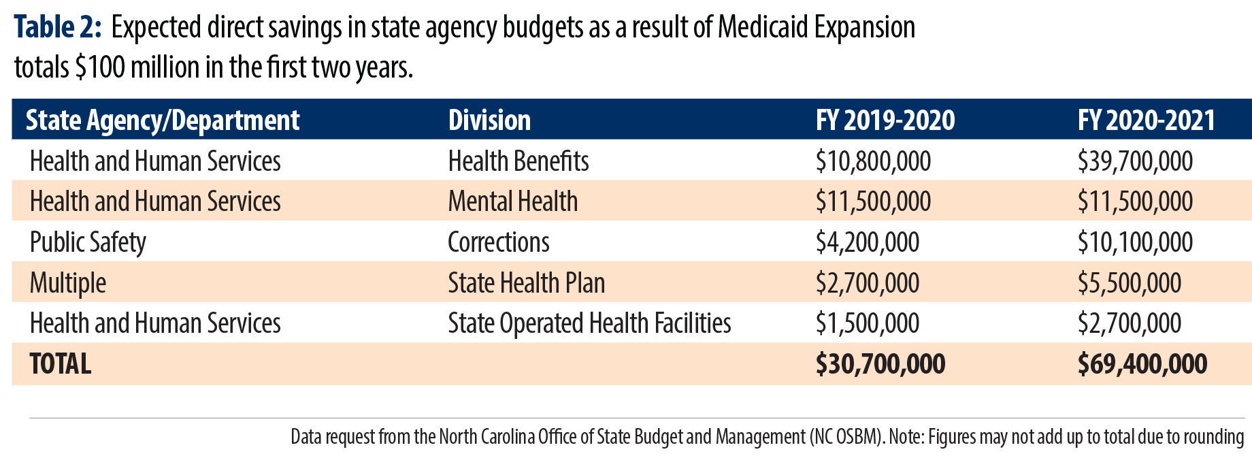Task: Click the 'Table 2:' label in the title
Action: (x=58, y=27)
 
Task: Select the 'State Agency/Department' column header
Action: (x=162, y=120)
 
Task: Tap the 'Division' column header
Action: (x=489, y=120)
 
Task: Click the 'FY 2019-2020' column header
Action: (x=885, y=120)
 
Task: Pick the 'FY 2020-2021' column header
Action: (x=1147, y=120)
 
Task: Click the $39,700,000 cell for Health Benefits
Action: (x=1135, y=161)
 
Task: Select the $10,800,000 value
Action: (x=873, y=161)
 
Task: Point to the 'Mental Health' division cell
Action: (x=512, y=201)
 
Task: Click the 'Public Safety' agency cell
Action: (x=88, y=242)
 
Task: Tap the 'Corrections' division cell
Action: (x=498, y=242)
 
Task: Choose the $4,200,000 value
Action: (x=868, y=242)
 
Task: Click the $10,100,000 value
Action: (x=1135, y=242)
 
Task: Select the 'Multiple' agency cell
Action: (x=68, y=283)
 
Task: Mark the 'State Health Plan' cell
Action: (x=526, y=283)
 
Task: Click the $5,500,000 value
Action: (x=1130, y=283)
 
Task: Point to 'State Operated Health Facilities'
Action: (x=589, y=323)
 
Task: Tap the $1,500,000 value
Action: (x=868, y=323)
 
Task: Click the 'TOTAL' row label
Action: (x=61, y=364)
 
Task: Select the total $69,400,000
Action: (x=1142, y=364)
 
